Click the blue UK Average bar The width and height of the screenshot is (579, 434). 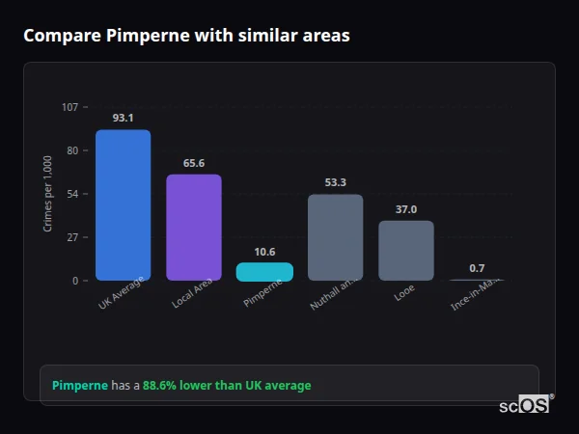(x=123, y=205)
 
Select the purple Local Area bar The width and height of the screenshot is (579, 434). (x=194, y=228)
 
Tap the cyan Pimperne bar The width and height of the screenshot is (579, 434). (x=264, y=272)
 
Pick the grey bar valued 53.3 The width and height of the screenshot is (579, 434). (x=335, y=237)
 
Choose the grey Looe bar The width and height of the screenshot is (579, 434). (x=406, y=251)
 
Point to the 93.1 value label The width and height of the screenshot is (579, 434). (x=123, y=119)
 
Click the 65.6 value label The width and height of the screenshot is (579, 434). (x=194, y=163)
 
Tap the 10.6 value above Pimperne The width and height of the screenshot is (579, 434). (x=264, y=252)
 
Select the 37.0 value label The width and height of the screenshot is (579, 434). (x=406, y=209)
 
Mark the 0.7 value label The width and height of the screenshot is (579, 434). (x=477, y=268)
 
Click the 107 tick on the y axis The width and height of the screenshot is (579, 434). (x=69, y=107)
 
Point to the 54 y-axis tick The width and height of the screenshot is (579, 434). (x=72, y=194)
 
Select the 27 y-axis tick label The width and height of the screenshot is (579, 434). (x=72, y=237)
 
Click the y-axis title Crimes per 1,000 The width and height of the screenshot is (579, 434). (x=48, y=194)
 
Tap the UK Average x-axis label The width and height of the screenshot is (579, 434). (x=122, y=294)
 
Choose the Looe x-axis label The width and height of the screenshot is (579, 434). (x=404, y=290)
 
